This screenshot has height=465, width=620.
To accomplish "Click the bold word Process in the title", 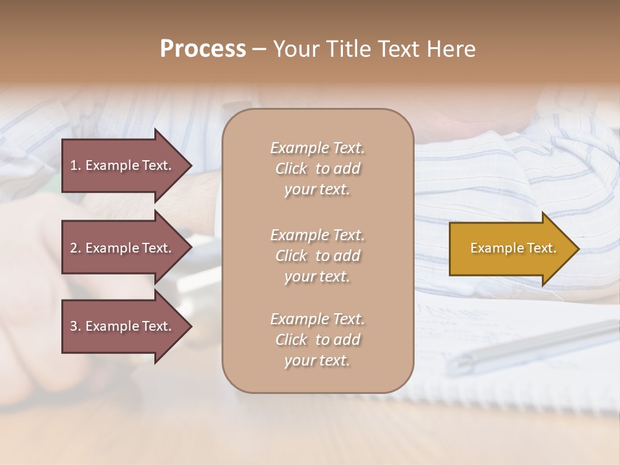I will tap(203, 49).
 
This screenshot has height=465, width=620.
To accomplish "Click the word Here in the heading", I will tap(452, 49).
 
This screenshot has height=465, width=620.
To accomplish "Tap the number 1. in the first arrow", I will tap(76, 165).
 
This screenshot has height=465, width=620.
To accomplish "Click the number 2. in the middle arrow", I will tap(76, 248).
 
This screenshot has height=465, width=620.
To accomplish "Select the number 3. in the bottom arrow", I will tap(76, 326).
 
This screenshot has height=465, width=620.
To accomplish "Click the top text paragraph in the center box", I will tap(317, 169).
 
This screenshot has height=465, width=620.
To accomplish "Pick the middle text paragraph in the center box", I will tap(317, 256).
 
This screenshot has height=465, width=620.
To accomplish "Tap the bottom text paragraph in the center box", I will tap(317, 340).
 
